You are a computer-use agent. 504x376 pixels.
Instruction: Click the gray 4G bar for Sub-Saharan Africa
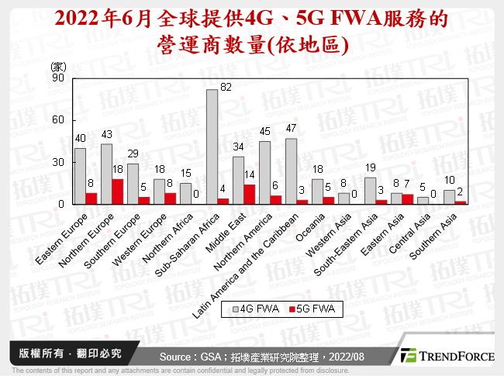212,147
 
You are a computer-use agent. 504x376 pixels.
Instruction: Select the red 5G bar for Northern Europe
118,191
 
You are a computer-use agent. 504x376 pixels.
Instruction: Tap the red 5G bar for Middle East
250,195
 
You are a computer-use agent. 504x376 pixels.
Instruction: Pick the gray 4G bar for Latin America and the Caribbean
291,171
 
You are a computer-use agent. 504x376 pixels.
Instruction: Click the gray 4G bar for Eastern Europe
80,176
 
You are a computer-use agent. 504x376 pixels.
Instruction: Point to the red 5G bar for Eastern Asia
408,199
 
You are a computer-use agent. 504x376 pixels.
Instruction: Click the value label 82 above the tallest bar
226,87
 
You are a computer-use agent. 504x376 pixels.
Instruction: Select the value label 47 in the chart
292,129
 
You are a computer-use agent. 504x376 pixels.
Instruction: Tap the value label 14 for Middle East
250,176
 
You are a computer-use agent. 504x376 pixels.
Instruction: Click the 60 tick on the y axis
59,120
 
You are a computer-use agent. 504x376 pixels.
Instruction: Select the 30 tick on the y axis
59,162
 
